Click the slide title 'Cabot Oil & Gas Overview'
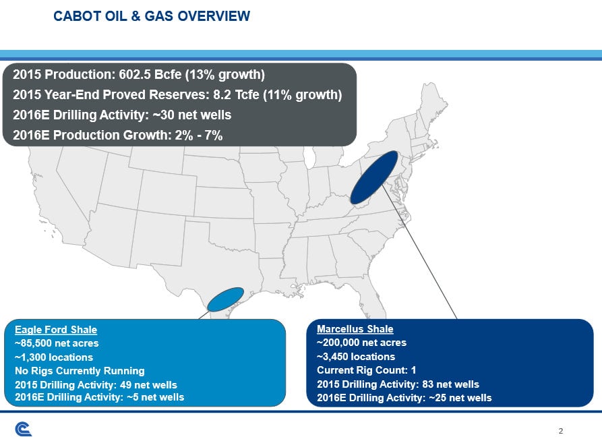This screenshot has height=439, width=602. point(152,16)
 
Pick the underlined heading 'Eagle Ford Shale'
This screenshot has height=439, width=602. point(55,330)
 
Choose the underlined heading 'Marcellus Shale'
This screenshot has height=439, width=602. point(355,329)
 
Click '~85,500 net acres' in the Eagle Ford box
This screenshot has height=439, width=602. point(56,343)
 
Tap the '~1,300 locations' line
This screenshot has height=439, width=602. point(53,357)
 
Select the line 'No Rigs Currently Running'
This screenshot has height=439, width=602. point(79,370)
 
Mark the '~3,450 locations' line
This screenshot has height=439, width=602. point(355,356)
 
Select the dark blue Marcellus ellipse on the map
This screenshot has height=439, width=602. point(374,177)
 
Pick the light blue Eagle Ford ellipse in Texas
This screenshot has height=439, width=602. point(225,299)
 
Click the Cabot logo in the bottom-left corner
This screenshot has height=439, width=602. point(24,429)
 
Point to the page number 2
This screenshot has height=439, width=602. point(561,430)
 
